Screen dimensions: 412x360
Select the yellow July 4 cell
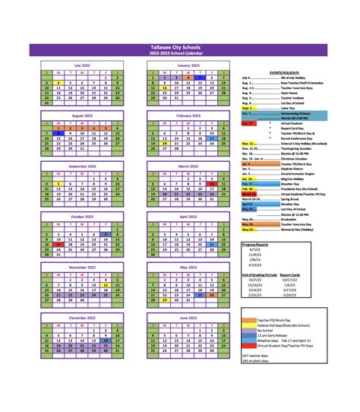58,84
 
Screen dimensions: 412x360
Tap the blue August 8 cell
58,132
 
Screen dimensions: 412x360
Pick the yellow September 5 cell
58,183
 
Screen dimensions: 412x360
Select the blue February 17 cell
212,138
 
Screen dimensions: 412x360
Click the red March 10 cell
212,183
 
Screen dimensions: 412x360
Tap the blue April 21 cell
212,242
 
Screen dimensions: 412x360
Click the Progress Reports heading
257,244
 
